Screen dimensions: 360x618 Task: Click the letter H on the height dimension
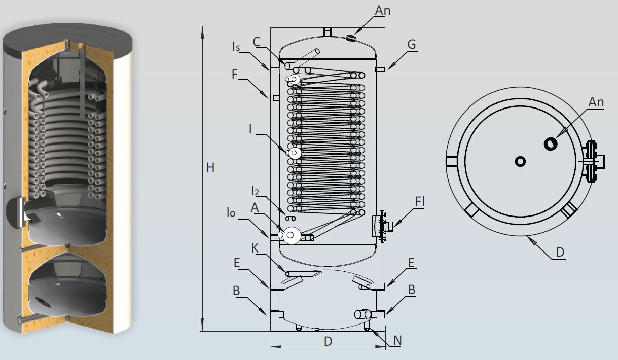click(210, 167)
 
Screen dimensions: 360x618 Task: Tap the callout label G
click(411, 45)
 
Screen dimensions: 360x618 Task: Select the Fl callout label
click(419, 202)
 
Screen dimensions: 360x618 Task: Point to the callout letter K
click(255, 248)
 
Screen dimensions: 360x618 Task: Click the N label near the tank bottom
click(397, 340)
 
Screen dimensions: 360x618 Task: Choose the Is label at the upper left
click(236, 47)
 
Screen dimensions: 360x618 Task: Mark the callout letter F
click(234, 74)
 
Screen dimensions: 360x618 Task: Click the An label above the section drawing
click(383, 10)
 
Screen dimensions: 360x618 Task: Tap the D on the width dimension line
click(328, 341)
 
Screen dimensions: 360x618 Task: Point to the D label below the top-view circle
click(560, 251)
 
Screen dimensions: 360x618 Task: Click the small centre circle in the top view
click(520, 161)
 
